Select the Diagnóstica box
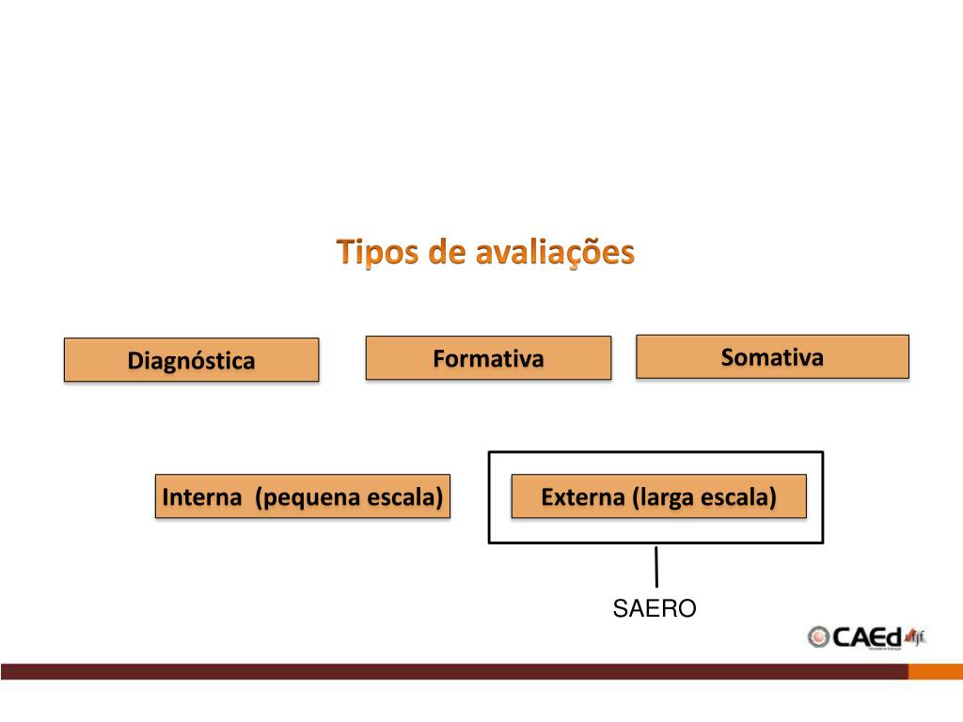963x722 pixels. [191, 360]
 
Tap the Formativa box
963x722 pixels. [488, 358]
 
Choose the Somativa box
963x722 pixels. [772, 357]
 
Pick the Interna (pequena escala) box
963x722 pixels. [302, 496]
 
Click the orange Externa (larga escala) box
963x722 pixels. [658, 496]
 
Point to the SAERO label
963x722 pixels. [655, 608]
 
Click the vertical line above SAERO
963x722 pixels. [655, 568]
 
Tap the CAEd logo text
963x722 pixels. [864, 636]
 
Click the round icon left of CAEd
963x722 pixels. [817, 636]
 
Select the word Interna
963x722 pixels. [202, 496]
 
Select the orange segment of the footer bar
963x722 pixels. [935, 671]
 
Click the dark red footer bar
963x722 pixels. [451, 671]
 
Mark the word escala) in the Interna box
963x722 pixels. [403, 496]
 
